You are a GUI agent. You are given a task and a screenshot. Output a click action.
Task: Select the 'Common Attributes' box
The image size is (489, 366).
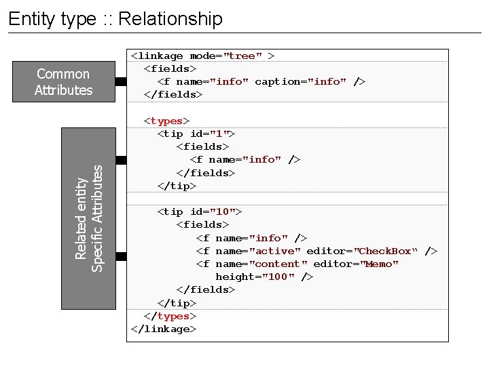pos(63,82)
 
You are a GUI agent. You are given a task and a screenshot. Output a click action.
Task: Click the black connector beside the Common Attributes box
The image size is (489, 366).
pos(121,81)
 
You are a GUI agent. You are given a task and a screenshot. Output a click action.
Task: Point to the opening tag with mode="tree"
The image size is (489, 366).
pos(202,56)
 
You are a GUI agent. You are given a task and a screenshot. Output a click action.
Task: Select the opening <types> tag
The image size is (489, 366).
pos(166,121)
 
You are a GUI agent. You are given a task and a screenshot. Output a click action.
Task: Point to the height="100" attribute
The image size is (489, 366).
pos(255,277)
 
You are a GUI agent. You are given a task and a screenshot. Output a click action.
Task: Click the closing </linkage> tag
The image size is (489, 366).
pos(164,329)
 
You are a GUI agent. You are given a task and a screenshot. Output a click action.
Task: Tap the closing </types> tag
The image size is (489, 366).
pos(170,316)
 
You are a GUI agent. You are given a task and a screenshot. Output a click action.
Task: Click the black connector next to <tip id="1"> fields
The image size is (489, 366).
pos(121,160)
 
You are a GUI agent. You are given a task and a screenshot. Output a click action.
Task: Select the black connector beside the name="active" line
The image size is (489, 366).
pos(121,256)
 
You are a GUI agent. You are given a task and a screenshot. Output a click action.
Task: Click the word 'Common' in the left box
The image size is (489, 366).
pos(63,74)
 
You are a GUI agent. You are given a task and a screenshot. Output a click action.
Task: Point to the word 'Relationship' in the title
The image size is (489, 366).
pos(170,18)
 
